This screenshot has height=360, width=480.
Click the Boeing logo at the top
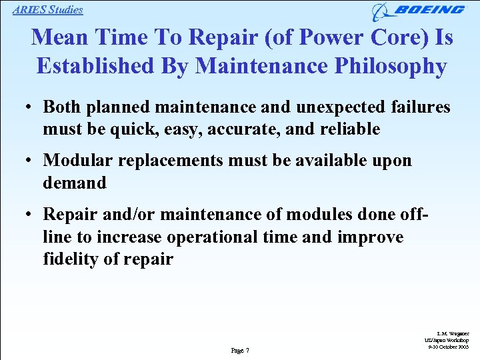[x=419, y=10]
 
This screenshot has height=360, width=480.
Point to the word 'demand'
[x=75, y=183]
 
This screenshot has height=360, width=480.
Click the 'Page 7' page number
[x=239, y=350]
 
